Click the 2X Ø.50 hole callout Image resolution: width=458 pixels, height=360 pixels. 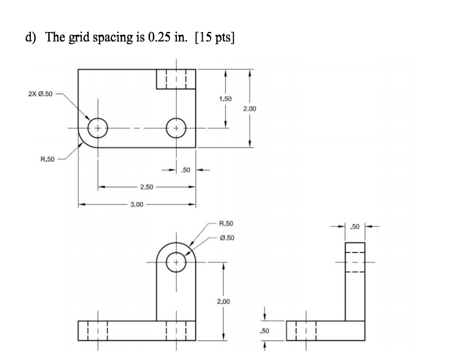click(40, 94)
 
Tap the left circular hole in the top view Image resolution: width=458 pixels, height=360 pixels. click(98, 128)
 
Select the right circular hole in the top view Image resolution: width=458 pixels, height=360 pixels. click(176, 128)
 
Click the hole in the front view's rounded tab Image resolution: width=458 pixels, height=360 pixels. click(176, 261)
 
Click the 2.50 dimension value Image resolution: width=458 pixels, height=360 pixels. click(147, 187)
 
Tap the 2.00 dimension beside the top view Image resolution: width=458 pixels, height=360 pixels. click(249, 108)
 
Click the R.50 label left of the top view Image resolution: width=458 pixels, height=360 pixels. click(47, 159)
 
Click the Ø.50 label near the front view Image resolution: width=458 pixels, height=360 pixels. click(226, 237)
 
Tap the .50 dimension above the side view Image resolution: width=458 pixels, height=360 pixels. click(355, 227)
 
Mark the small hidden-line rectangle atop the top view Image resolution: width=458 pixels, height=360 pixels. click(176, 79)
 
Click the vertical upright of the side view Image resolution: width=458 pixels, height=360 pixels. click(355, 283)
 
